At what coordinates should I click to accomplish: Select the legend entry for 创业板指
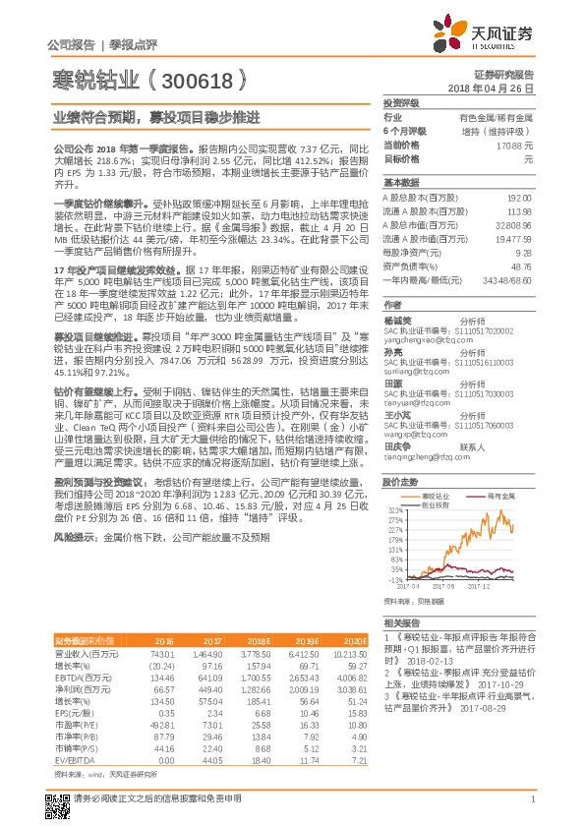pos(439,504)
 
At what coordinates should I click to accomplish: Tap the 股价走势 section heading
pos(400,482)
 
